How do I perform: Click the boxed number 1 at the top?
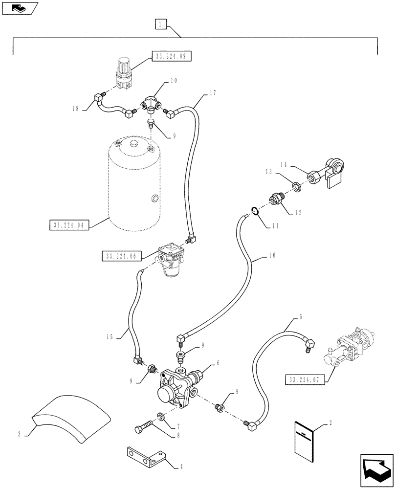click(161, 23)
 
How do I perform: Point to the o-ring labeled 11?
click(254, 211)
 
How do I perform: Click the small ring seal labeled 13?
click(296, 186)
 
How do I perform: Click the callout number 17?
click(198, 92)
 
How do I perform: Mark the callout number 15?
click(109, 336)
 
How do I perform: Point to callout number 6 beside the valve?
click(218, 364)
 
